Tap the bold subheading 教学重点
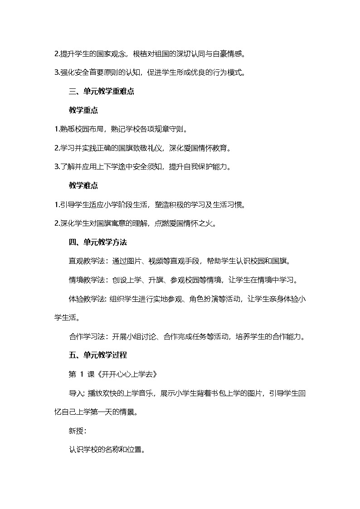coord(83,110)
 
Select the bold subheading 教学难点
coord(83,185)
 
